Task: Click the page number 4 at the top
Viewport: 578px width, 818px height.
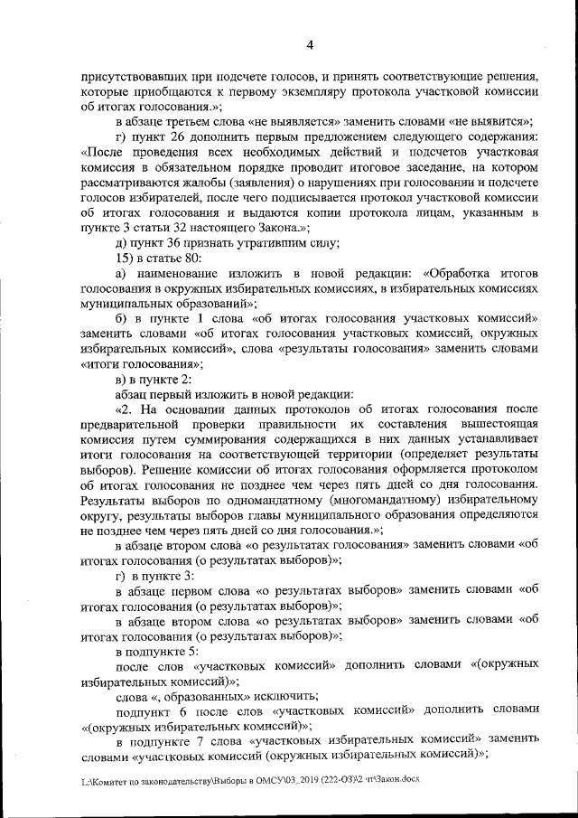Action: tap(310, 45)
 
